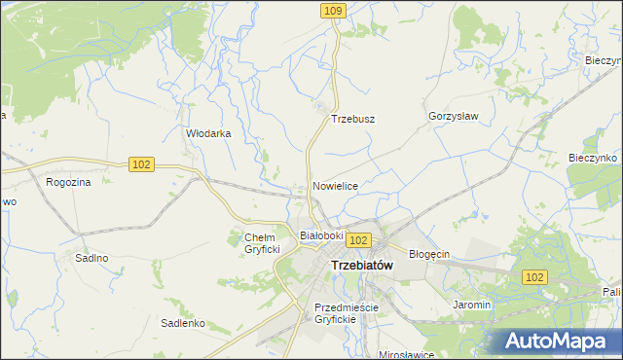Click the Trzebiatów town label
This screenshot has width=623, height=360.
pos(362,265)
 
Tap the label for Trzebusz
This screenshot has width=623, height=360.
pos(353,119)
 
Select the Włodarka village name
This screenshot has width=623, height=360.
pos(208,134)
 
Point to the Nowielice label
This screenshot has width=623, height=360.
pos(336,185)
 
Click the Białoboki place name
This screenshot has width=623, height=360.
pos(321,235)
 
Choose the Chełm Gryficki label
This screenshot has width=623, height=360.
pos(262,243)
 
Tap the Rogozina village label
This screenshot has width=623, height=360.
pos(68,181)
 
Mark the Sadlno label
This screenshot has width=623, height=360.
pos(92,258)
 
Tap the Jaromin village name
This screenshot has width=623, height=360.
pos(471,305)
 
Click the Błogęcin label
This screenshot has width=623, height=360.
pos(428,254)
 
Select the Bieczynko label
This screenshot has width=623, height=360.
pos(594,158)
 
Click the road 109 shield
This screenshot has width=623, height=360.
pos(334,10)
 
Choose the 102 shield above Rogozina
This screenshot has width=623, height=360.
pos(141,165)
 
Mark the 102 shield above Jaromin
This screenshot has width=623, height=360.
pos(533,277)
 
